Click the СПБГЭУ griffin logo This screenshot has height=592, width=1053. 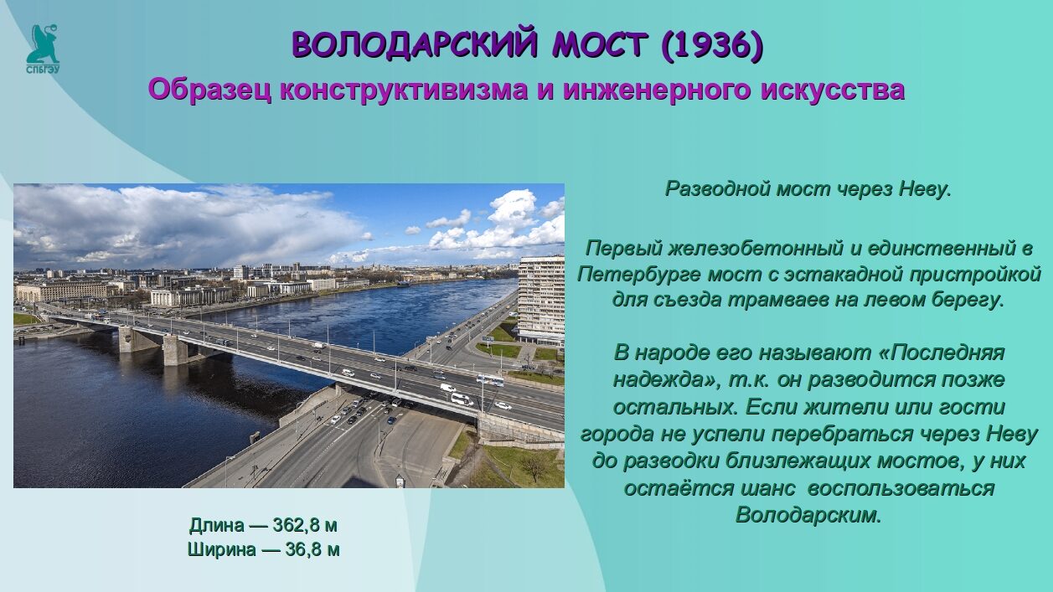coord(43,49)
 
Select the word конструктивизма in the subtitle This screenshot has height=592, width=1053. coord(404,90)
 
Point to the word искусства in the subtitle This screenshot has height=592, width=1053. coord(833,90)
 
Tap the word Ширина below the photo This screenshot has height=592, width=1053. coord(221,549)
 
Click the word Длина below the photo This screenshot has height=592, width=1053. coord(217,526)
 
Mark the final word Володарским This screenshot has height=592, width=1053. coord(808,516)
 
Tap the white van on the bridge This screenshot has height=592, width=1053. coord(462,399)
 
